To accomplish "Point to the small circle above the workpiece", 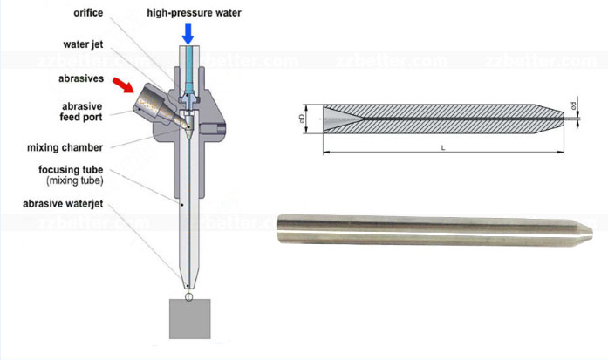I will (190, 295).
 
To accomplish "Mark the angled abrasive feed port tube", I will (157, 105).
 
